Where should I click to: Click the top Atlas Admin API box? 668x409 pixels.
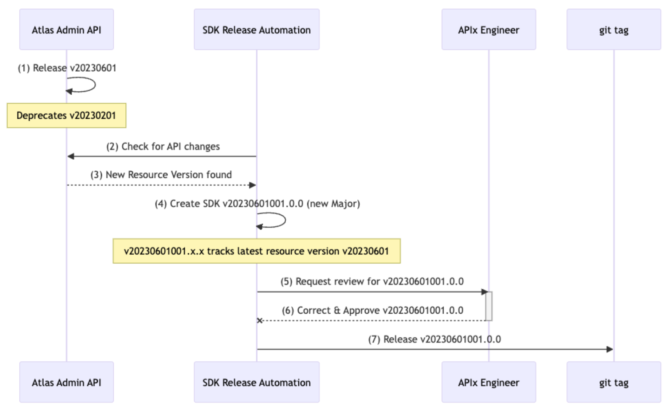click(x=67, y=29)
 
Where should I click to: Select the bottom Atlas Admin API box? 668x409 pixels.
click(x=67, y=382)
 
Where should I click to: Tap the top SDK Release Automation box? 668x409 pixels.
click(x=257, y=29)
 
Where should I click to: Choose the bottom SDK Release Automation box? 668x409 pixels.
click(x=257, y=382)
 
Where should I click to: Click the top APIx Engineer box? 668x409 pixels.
click(x=489, y=29)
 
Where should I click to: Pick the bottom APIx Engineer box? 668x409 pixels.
click(x=489, y=382)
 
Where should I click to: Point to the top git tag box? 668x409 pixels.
click(x=614, y=29)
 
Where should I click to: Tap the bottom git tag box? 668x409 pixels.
click(x=614, y=382)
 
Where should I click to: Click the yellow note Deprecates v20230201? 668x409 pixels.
click(x=67, y=115)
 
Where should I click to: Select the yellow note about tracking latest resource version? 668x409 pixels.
click(x=257, y=251)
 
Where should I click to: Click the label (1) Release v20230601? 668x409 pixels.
click(x=67, y=68)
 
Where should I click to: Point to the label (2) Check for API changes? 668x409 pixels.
click(x=163, y=147)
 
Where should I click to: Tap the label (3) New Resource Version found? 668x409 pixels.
click(x=161, y=175)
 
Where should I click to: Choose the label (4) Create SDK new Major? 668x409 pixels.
click(x=258, y=204)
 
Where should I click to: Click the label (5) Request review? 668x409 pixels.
click(x=372, y=282)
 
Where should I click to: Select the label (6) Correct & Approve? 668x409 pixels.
click(x=373, y=310)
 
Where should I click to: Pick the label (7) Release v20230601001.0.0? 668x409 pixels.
click(x=435, y=339)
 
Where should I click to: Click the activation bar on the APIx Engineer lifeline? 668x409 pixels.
click(x=489, y=306)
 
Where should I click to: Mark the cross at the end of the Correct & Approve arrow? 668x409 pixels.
click(x=260, y=321)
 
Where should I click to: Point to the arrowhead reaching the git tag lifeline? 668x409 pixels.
click(x=610, y=349)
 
